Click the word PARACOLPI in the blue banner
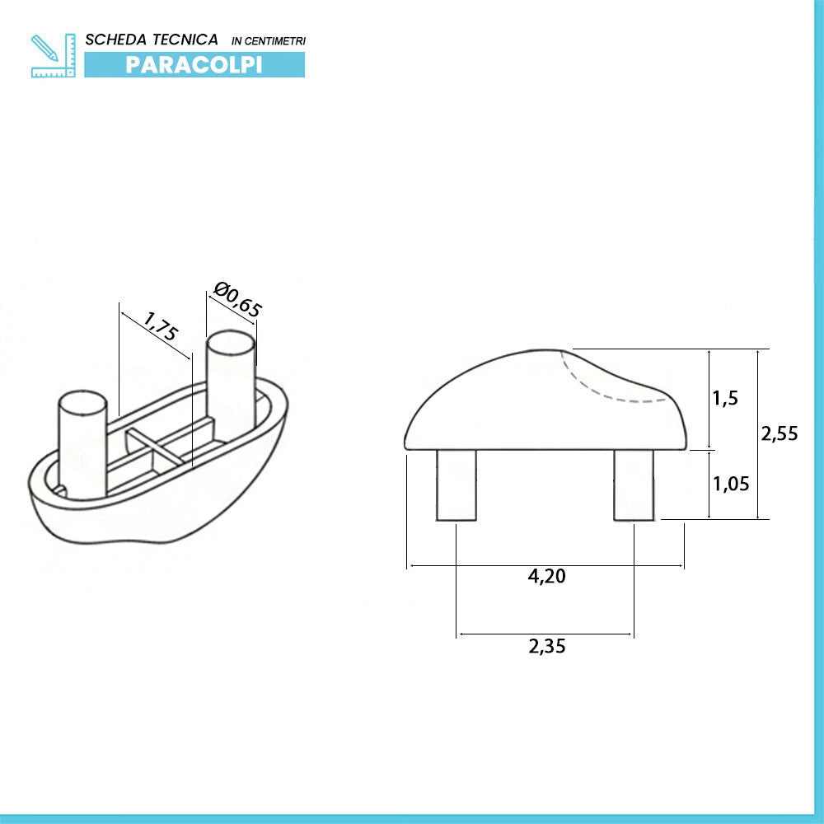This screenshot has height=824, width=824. [194, 64]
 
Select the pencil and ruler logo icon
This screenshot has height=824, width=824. [53, 55]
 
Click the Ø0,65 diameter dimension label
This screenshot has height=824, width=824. [237, 300]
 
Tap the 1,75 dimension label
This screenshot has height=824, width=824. [161, 325]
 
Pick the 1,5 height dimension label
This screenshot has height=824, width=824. [725, 398]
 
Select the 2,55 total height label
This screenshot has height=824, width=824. [780, 433]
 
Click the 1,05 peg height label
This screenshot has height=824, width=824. [731, 484]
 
